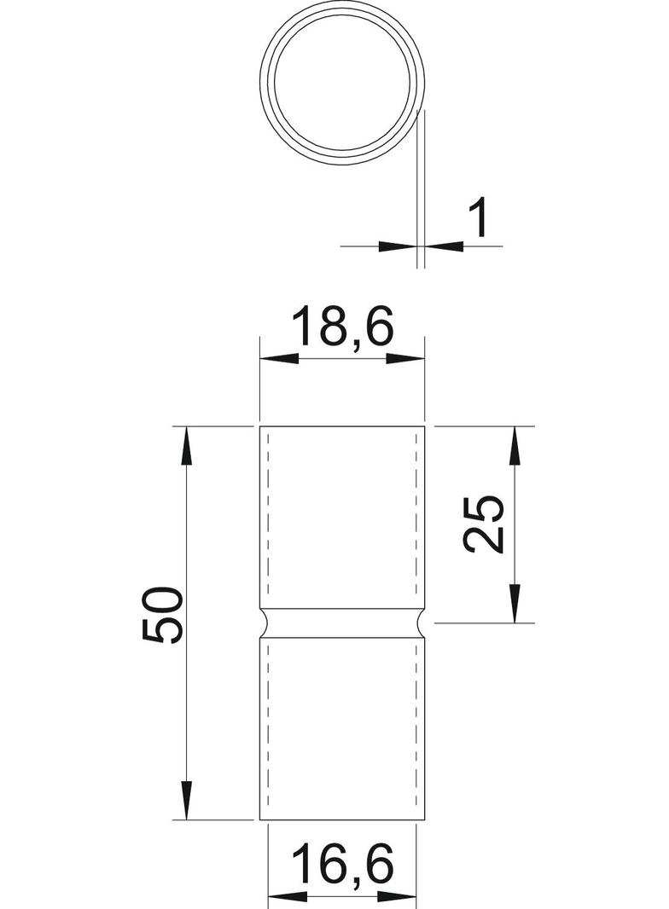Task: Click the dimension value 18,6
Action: pyautogui.click(x=341, y=327)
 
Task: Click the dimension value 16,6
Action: pyautogui.click(x=343, y=865)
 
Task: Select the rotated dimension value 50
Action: pyautogui.click(x=163, y=615)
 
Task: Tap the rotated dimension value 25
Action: pyautogui.click(x=484, y=523)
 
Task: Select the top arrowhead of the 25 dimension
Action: pyautogui.click(x=515, y=444)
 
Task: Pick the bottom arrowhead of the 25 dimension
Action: pyautogui.click(x=515, y=603)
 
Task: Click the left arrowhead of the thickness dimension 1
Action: pyautogui.click(x=396, y=246)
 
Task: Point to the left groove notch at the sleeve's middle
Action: pyautogui.click(x=264, y=623)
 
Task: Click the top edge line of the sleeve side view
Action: pyautogui.click(x=342, y=426)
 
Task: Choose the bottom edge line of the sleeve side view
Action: pyautogui.click(x=342, y=820)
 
